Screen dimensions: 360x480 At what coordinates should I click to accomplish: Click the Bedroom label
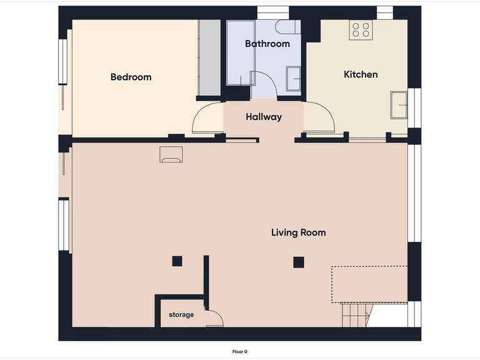[131, 77]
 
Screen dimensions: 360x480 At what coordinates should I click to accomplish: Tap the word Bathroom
[267, 44]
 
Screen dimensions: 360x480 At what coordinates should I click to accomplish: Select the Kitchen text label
[361, 74]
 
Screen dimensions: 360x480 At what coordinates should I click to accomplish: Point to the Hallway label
[263, 117]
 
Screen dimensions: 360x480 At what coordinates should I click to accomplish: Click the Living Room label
[298, 232]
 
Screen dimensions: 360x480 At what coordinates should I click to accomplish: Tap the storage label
[181, 314]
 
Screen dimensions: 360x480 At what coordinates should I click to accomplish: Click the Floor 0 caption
[240, 352]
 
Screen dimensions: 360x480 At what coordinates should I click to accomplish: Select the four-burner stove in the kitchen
[360, 30]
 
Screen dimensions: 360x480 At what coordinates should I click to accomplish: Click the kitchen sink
[397, 104]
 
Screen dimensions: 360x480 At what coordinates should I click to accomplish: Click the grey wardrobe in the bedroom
[209, 57]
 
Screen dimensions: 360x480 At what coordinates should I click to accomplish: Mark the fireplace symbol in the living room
[171, 155]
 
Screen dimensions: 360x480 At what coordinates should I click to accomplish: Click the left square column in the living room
[177, 261]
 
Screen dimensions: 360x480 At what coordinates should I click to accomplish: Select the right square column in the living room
[299, 262]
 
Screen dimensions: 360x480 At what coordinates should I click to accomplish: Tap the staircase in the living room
[354, 314]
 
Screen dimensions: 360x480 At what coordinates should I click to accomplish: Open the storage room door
[214, 317]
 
